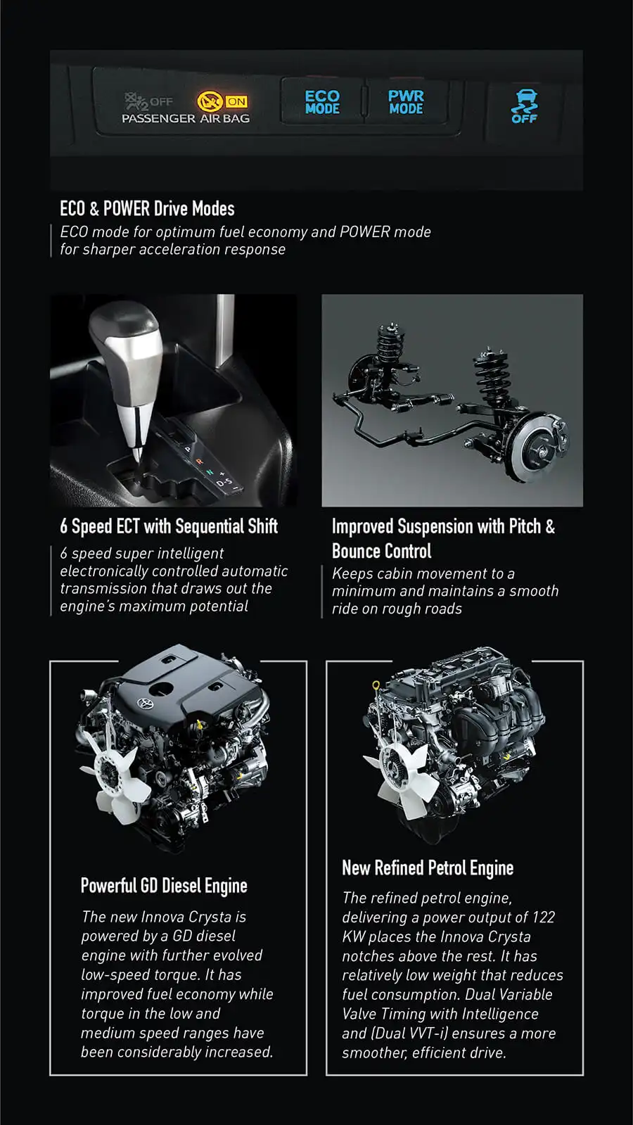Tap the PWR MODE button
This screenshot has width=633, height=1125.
[406, 102]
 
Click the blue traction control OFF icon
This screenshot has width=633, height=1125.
[525, 106]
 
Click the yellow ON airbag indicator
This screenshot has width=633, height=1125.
[222, 101]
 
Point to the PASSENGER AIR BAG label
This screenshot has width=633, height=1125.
[186, 118]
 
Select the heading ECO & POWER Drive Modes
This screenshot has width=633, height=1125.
[147, 208]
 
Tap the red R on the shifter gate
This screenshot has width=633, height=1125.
[199, 461]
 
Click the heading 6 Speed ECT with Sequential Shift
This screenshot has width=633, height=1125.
[169, 526]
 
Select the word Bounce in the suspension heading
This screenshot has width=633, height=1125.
[359, 551]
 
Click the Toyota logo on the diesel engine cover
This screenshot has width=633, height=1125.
[144, 704]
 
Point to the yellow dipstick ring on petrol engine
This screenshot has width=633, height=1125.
[376, 685]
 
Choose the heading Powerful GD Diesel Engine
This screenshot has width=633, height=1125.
[164, 885]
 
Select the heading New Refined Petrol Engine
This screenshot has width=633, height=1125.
[428, 868]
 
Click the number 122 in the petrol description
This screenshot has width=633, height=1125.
[543, 917]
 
